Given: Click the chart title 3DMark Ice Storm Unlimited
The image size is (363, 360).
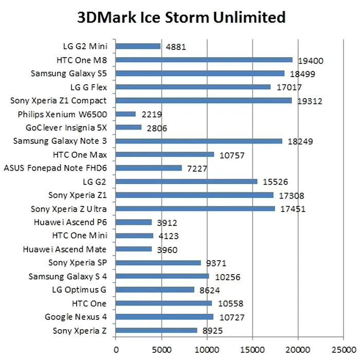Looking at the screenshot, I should pyautogui.click(x=181, y=17).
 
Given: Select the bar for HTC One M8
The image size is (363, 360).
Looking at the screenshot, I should pyautogui.click(x=204, y=60).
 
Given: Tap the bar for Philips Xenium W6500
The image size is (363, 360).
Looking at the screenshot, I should pyautogui.click(x=125, y=114).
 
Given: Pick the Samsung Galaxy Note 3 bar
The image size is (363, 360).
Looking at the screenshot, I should pyautogui.click(x=199, y=141).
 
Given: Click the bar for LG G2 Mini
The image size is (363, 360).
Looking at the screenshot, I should pyautogui.click(x=138, y=46).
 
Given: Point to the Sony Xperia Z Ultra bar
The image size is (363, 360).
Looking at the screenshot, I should pyautogui.click(x=195, y=208).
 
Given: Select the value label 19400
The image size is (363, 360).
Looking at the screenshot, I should pyautogui.click(x=311, y=61).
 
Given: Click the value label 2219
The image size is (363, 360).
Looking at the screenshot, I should pyautogui.click(x=151, y=115).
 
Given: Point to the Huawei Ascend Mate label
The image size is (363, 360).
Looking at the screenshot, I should pyautogui.click(x=65, y=249).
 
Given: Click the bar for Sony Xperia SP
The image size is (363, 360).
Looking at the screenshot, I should pyautogui.click(x=158, y=263).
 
